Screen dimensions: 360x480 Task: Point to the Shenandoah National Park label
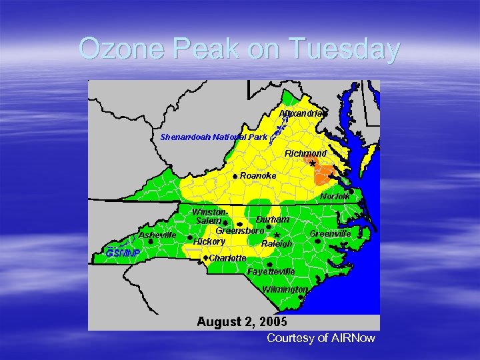coord(213,137)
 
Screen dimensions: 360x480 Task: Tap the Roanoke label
coord(258,175)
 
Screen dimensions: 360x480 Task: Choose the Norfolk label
coord(335,197)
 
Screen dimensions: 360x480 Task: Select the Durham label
coord(273,219)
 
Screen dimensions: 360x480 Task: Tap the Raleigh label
coord(277,243)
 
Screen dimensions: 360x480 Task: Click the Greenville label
coord(330,234)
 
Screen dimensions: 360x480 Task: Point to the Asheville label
coord(157,235)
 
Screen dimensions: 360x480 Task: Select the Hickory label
coord(209,241)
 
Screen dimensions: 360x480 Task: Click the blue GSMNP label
coord(123,253)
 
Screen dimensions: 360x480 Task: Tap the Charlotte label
coord(228,257)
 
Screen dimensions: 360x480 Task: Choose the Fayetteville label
coord(271,272)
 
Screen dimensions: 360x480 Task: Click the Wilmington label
coord(285,289)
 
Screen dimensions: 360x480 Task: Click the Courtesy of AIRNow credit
coord(321,338)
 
